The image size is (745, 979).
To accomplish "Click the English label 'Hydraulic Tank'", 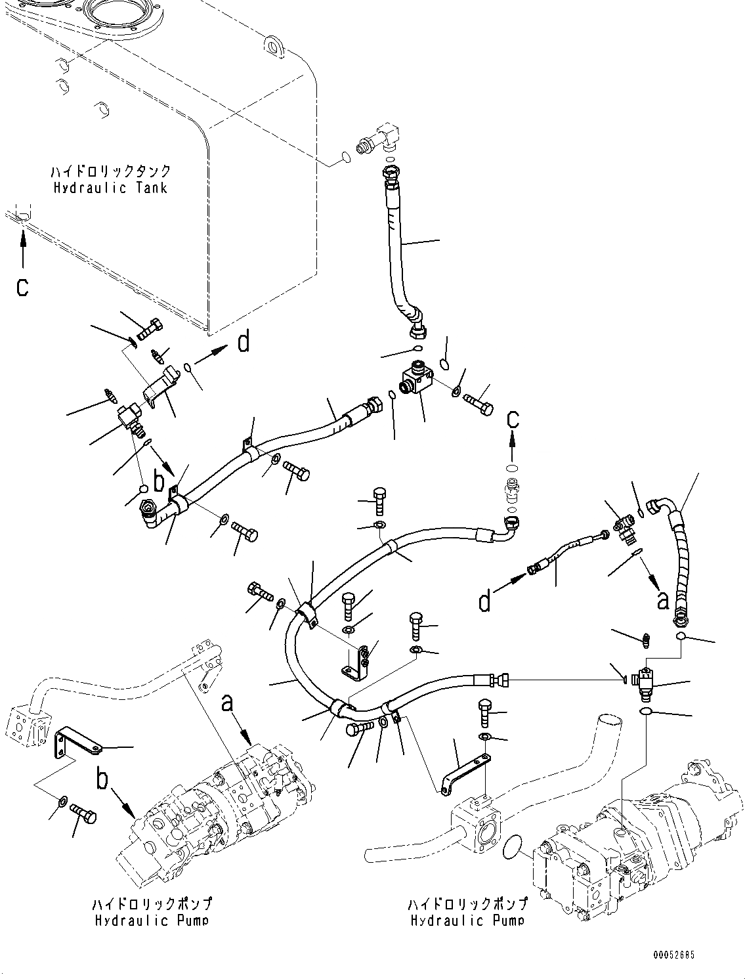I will [x=110, y=188].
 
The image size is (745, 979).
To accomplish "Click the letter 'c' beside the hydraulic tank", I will [x=22, y=287].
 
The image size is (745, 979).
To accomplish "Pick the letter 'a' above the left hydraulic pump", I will [x=228, y=704].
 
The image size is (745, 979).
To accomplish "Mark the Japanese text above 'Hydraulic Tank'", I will [x=110, y=171].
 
